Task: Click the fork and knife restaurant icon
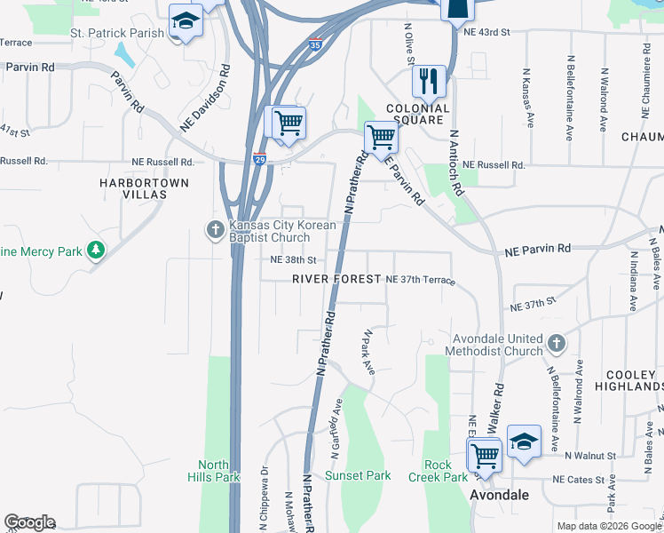pos(430,81)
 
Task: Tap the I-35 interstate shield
pos(315,42)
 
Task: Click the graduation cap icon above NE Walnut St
pos(524,442)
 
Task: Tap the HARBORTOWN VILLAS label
pos(133,187)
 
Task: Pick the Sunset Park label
pos(358,475)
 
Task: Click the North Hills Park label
pos(214,471)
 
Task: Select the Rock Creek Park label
pos(438,471)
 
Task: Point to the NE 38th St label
pos(293,260)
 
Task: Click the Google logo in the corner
pos(29,522)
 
